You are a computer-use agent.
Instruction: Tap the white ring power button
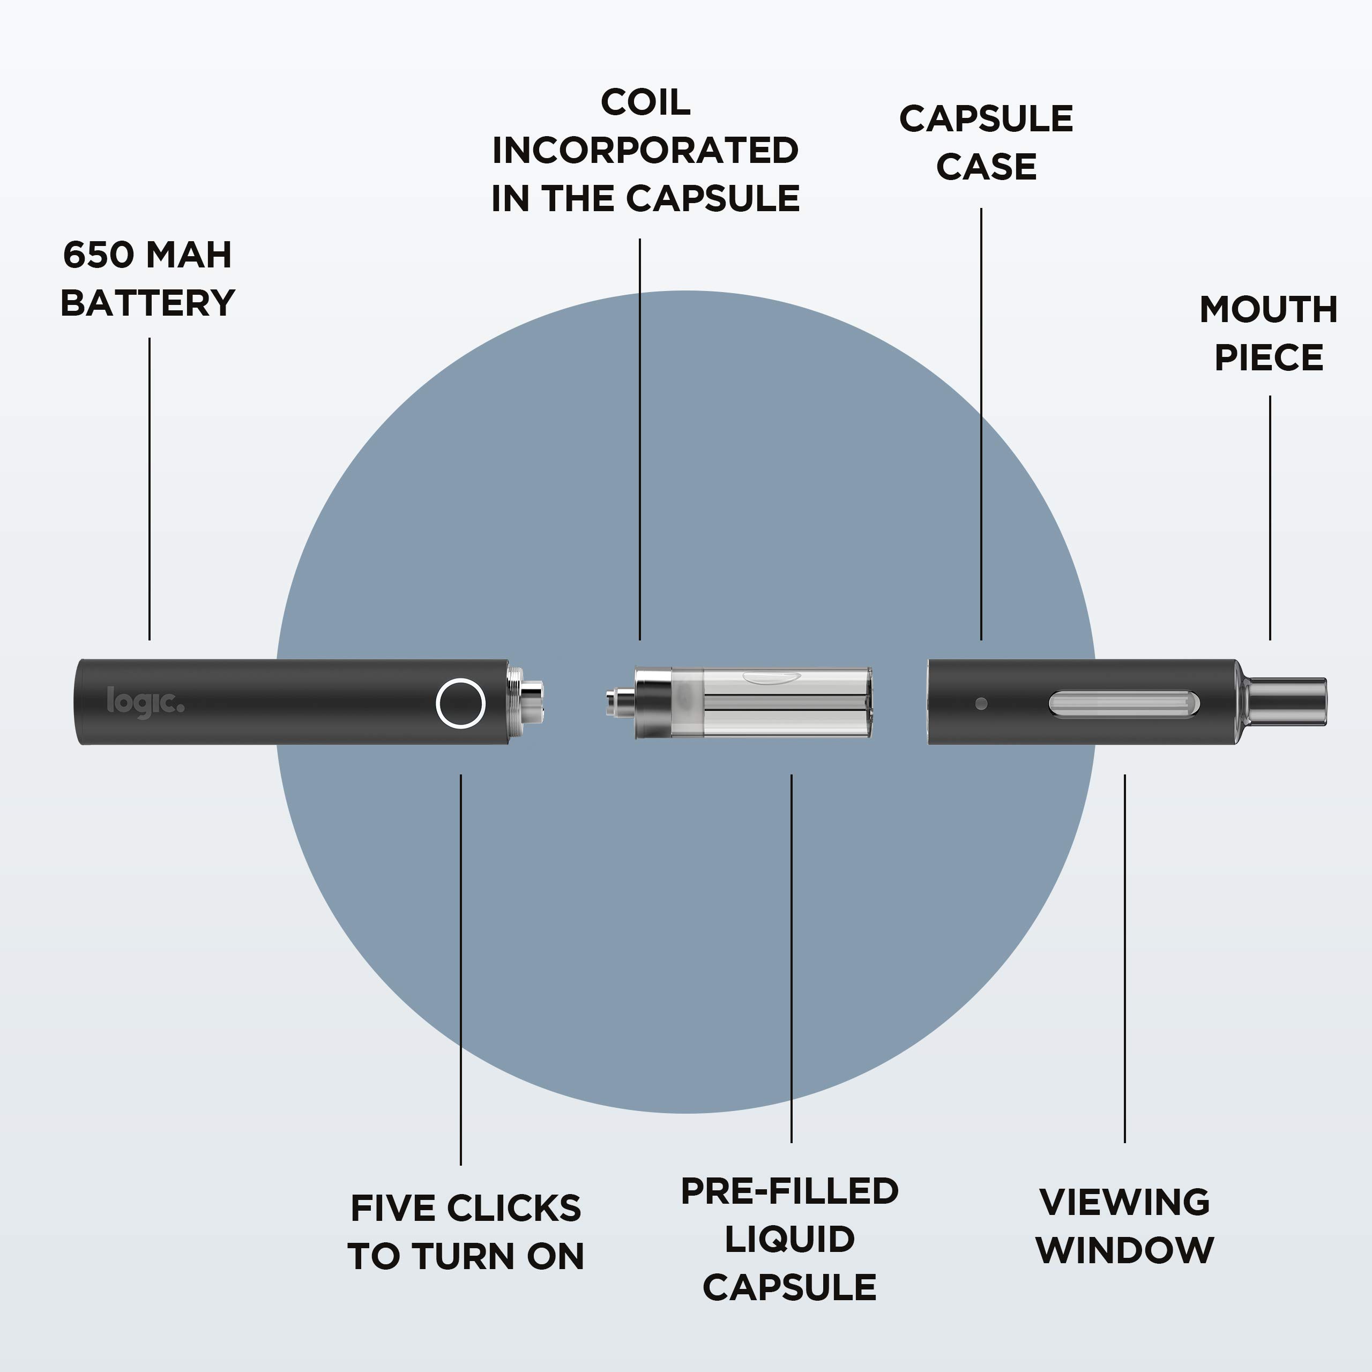[x=460, y=703]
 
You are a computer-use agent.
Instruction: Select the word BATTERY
[x=148, y=303]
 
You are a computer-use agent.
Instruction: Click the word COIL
[x=645, y=103]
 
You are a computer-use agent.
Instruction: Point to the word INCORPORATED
[x=645, y=151]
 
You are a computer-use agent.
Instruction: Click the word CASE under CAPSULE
[x=986, y=167]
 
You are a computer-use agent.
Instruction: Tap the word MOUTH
[x=1269, y=310]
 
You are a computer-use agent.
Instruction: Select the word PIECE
[x=1269, y=357]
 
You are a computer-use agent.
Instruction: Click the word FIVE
[x=393, y=1208]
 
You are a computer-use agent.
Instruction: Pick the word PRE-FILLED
[x=789, y=1191]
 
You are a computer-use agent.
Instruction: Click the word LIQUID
[x=789, y=1239]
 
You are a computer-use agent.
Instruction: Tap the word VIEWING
[x=1124, y=1202]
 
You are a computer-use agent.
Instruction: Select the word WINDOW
[x=1124, y=1250]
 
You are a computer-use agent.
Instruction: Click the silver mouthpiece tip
[x=1287, y=702]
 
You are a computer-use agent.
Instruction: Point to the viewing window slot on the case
[x=1123, y=704]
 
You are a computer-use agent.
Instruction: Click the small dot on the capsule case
[x=981, y=704]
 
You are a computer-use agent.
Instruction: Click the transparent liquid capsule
[x=774, y=702]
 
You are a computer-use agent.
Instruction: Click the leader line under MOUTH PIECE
[x=1270, y=518]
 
